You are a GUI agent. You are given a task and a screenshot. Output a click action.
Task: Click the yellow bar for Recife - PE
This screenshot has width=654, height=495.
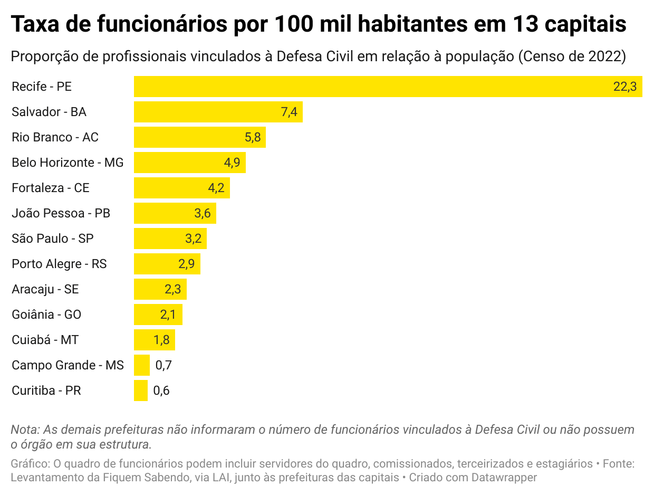(x=369, y=87)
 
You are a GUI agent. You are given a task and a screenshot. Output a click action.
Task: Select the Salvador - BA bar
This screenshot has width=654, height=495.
(x=211, y=112)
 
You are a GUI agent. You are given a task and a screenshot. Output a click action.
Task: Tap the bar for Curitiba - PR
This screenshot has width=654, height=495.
(x=141, y=391)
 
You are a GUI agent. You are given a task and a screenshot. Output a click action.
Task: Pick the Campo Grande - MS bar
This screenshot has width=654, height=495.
(x=142, y=365)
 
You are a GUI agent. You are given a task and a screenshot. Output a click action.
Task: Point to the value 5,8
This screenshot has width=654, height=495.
(x=253, y=137)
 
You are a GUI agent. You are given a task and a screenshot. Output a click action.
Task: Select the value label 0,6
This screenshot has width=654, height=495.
(x=161, y=391)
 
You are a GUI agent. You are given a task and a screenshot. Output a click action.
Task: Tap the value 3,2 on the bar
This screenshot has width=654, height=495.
(x=194, y=239)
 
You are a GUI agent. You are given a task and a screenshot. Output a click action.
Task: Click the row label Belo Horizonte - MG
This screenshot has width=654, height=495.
(x=68, y=163)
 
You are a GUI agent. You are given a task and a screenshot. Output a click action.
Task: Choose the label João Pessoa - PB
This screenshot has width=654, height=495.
(x=61, y=213)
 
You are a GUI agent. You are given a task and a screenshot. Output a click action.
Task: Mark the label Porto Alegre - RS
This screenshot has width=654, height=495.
(x=59, y=264)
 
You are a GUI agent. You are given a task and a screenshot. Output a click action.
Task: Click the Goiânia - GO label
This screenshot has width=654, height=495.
(x=46, y=315)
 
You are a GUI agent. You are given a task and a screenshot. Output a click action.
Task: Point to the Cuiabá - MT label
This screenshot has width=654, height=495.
(x=45, y=340)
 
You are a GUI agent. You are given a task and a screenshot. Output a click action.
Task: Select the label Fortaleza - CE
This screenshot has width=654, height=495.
(x=51, y=188)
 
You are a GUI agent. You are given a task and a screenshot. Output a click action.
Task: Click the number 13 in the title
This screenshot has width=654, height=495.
(x=524, y=24)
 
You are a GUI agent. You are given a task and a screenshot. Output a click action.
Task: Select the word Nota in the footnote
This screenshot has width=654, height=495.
(x=24, y=430)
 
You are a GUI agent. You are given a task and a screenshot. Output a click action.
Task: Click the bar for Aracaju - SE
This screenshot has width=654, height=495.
(x=160, y=289)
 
